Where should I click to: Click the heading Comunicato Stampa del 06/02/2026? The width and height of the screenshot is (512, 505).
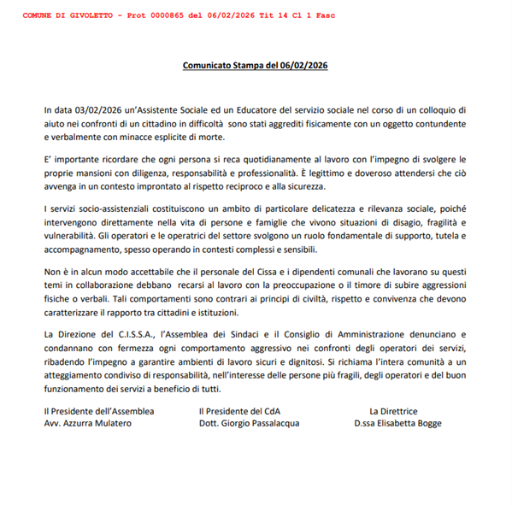pyautogui.click(x=256, y=65)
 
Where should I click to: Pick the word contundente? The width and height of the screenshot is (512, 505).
pyautogui.click(x=438, y=124)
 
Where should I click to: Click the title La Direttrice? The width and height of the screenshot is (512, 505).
pyautogui.click(x=393, y=411)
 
